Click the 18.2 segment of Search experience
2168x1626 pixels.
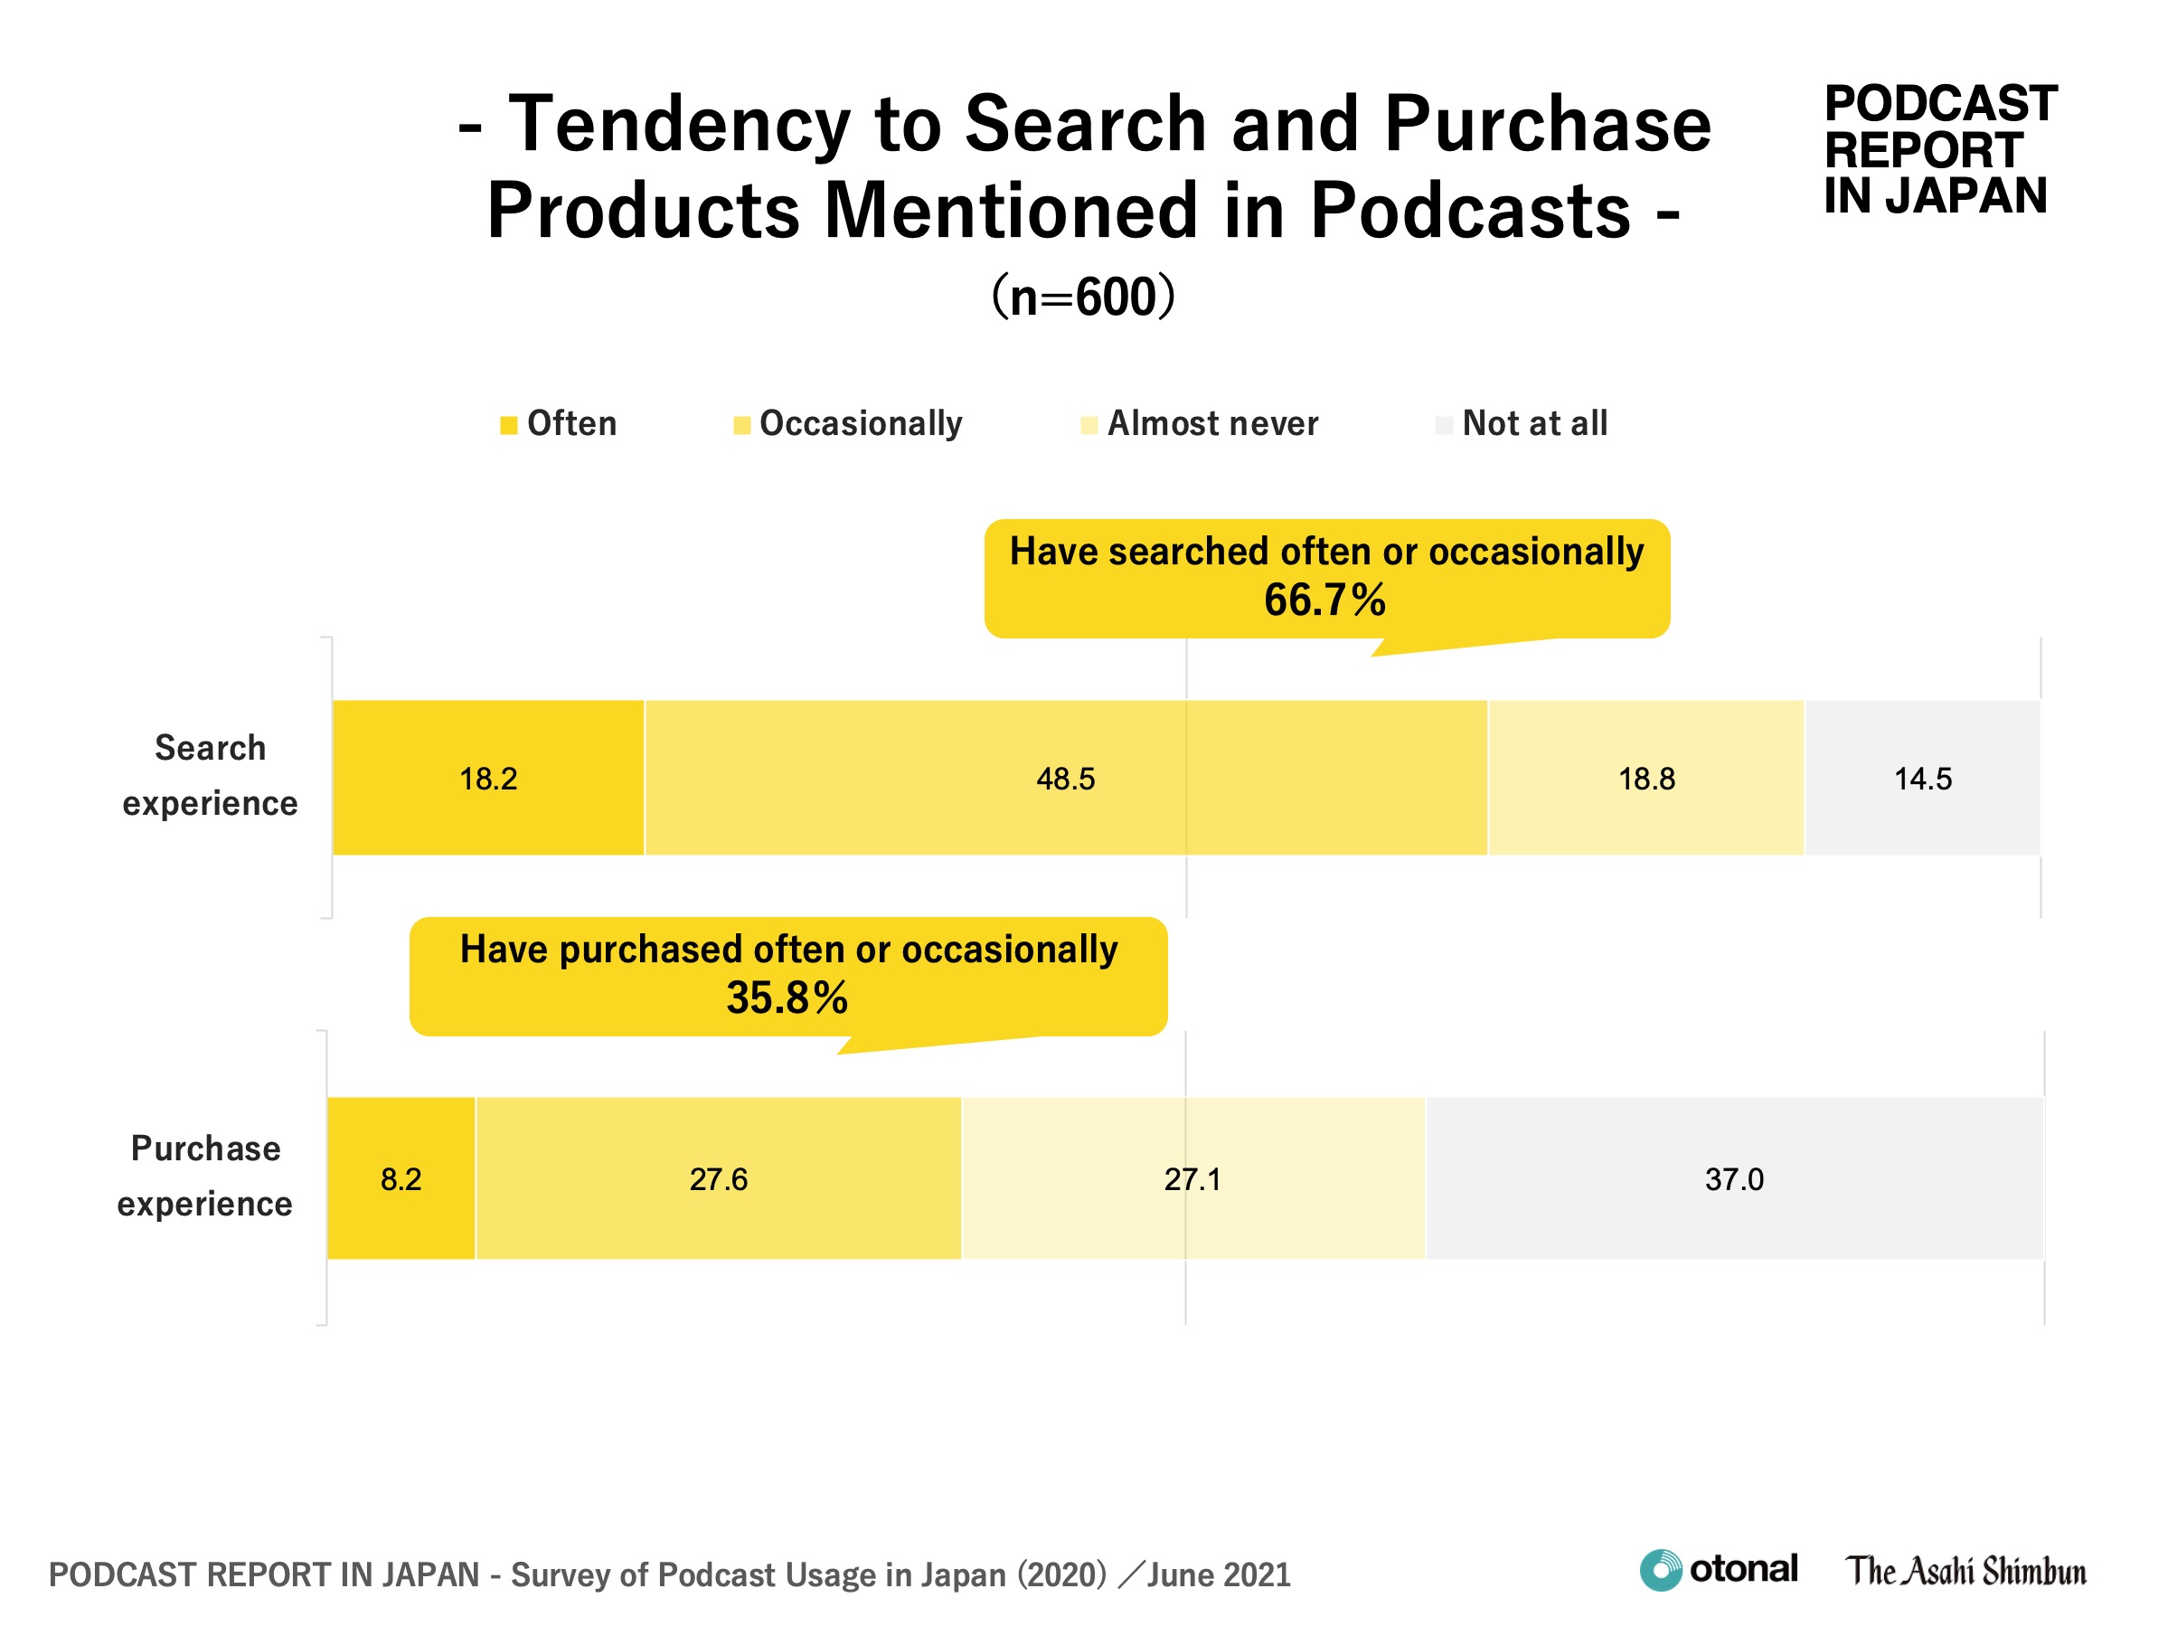[x=488, y=779]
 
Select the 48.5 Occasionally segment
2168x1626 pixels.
[x=1065, y=779]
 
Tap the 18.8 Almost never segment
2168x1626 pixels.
[x=1645, y=779]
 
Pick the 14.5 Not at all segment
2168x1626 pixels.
[x=1922, y=779]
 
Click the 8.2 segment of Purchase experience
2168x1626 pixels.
[x=401, y=1178]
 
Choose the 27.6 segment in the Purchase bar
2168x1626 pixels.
[x=719, y=1178]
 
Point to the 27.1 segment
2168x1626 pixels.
[x=1192, y=1178]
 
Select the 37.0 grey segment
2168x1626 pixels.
[x=1734, y=1178]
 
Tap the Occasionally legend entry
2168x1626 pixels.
[x=849, y=423]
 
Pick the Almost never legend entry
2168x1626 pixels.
[x=1200, y=423]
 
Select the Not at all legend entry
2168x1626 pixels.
[x=1522, y=423]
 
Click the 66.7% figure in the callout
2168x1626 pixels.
[x=1324, y=600]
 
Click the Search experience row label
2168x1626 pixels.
[x=210, y=775]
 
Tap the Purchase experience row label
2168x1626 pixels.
[x=205, y=1175]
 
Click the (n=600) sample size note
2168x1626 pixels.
[x=1083, y=297]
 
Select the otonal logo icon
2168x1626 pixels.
[x=1660, y=1570]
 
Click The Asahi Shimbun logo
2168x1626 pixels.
[x=1965, y=1570]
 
